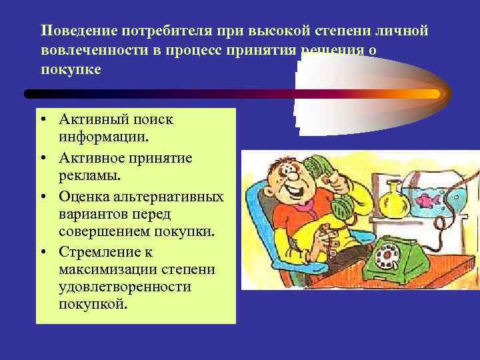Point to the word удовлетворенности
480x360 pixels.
pyautogui.click(x=125, y=287)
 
